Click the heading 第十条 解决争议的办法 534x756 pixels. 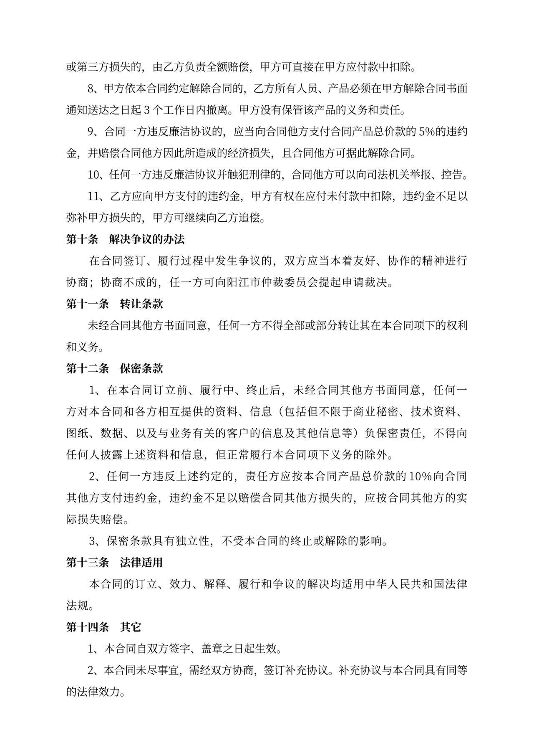pos(125,239)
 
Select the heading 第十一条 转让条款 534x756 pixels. pos(114,304)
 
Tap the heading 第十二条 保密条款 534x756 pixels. pos(114,368)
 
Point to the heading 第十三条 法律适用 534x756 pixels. pos(114,562)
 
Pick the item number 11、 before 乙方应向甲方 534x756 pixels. pos(97,196)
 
